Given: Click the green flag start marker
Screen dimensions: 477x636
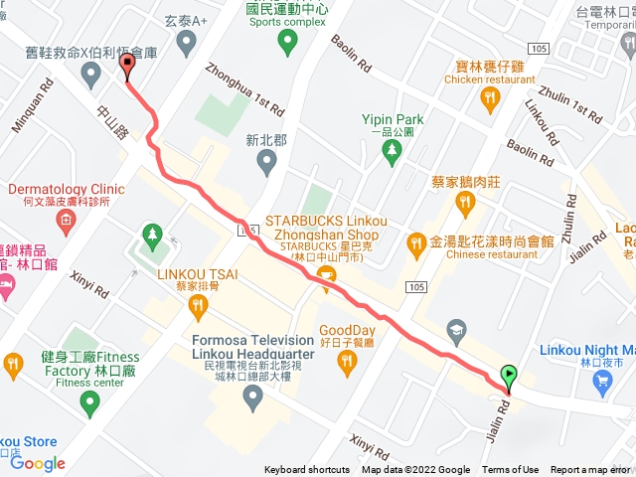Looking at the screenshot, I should pos(510,376).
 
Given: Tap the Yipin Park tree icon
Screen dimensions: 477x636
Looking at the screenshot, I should pos(393,150).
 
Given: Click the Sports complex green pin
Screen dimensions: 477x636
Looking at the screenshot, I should pos(287,41).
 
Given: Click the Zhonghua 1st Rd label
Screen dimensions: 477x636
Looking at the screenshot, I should pos(242,87).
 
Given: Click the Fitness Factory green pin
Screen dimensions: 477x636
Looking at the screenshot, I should pos(89,403).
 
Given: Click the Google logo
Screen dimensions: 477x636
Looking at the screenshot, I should pos(38,463).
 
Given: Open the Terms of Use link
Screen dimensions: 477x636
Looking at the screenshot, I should pos(511,470).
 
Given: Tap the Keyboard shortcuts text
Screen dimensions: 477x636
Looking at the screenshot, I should pos(307,470).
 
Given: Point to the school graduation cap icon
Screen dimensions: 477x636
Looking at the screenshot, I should pos(456,329).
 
